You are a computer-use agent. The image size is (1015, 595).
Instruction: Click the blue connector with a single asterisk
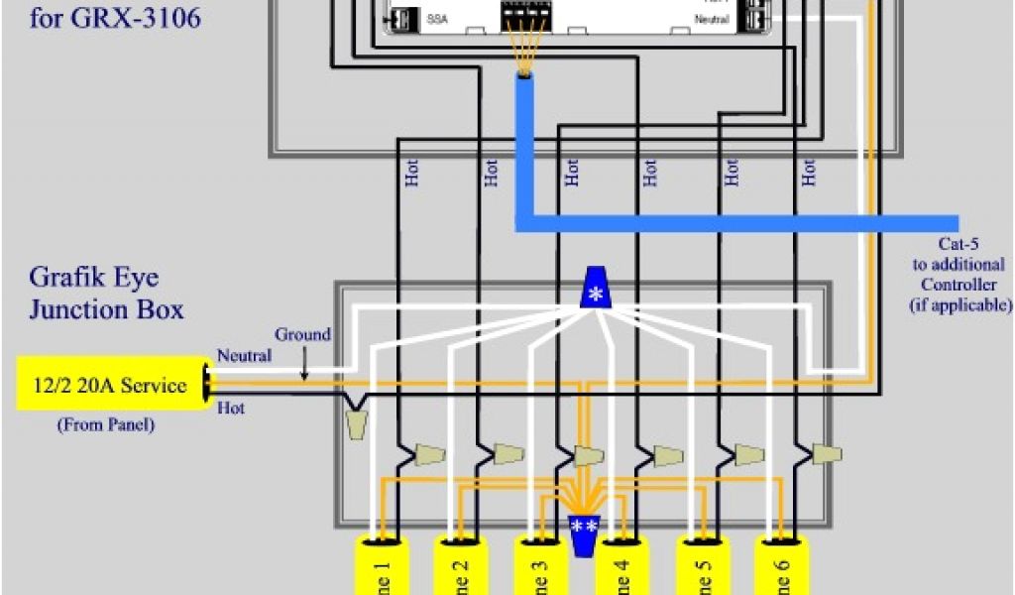click(x=595, y=290)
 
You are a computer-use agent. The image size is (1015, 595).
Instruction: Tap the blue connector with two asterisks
click(x=583, y=534)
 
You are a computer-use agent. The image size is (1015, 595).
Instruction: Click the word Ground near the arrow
click(x=302, y=335)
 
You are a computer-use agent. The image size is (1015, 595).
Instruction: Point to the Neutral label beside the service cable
click(x=244, y=355)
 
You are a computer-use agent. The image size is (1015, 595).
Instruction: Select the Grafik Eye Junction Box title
click(x=106, y=293)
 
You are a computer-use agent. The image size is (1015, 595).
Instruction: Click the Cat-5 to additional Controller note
click(x=959, y=275)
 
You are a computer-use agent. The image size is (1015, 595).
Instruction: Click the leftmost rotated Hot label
click(x=412, y=174)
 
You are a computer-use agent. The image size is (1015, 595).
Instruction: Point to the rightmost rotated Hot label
click(x=810, y=174)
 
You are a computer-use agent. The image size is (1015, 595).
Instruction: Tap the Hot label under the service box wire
click(x=230, y=408)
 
